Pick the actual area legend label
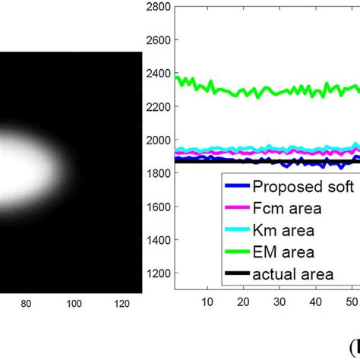293,273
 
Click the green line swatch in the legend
235,251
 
